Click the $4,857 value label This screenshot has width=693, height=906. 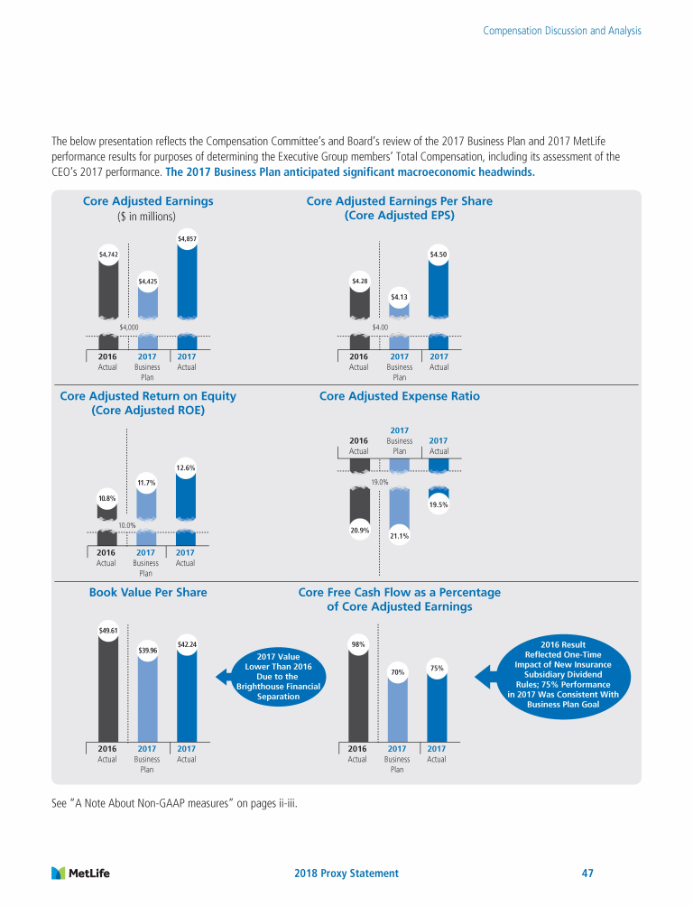click(x=187, y=238)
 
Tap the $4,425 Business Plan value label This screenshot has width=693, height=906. click(x=148, y=282)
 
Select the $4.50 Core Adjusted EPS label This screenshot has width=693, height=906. click(x=439, y=254)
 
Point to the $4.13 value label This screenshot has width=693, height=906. click(x=400, y=296)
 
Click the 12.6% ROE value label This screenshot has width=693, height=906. click(x=186, y=467)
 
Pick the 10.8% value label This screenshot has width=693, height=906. click(x=107, y=497)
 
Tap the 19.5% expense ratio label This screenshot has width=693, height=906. click(x=439, y=504)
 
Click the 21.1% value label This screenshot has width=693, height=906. click(x=399, y=536)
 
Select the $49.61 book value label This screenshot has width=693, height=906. click(x=107, y=630)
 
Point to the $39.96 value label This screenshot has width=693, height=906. click(x=147, y=650)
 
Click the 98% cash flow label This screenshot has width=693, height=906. click(x=358, y=644)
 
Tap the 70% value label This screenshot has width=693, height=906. click(x=397, y=671)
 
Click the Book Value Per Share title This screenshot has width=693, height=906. click(x=148, y=593)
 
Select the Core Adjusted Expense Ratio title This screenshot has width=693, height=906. click(x=400, y=396)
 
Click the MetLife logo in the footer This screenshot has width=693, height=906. click(x=80, y=873)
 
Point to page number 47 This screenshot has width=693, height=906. click(x=587, y=874)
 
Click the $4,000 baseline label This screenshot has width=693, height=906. click(x=128, y=327)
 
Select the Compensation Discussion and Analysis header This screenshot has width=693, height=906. click(x=562, y=31)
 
